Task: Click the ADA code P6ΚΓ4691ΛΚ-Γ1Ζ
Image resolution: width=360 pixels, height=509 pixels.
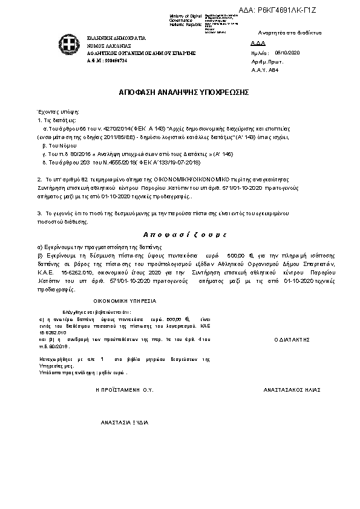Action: pos(291,11)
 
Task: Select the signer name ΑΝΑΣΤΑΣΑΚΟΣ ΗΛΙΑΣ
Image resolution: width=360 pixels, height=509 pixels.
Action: pos(292,390)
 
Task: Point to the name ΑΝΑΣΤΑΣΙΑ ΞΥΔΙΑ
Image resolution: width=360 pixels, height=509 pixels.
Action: pos(125,421)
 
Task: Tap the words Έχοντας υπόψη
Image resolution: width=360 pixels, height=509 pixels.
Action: pos(59,112)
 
